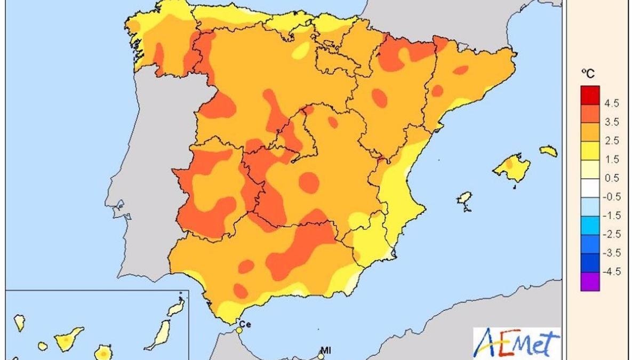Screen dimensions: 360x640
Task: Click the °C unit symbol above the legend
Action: tap(587, 73)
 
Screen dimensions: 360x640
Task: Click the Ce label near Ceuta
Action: tap(245, 323)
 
